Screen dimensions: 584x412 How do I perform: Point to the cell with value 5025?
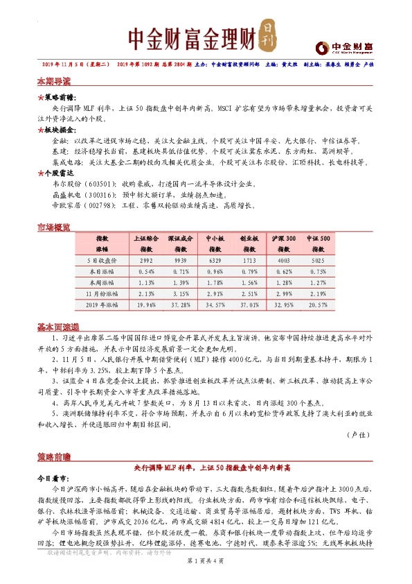point(319,259)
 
